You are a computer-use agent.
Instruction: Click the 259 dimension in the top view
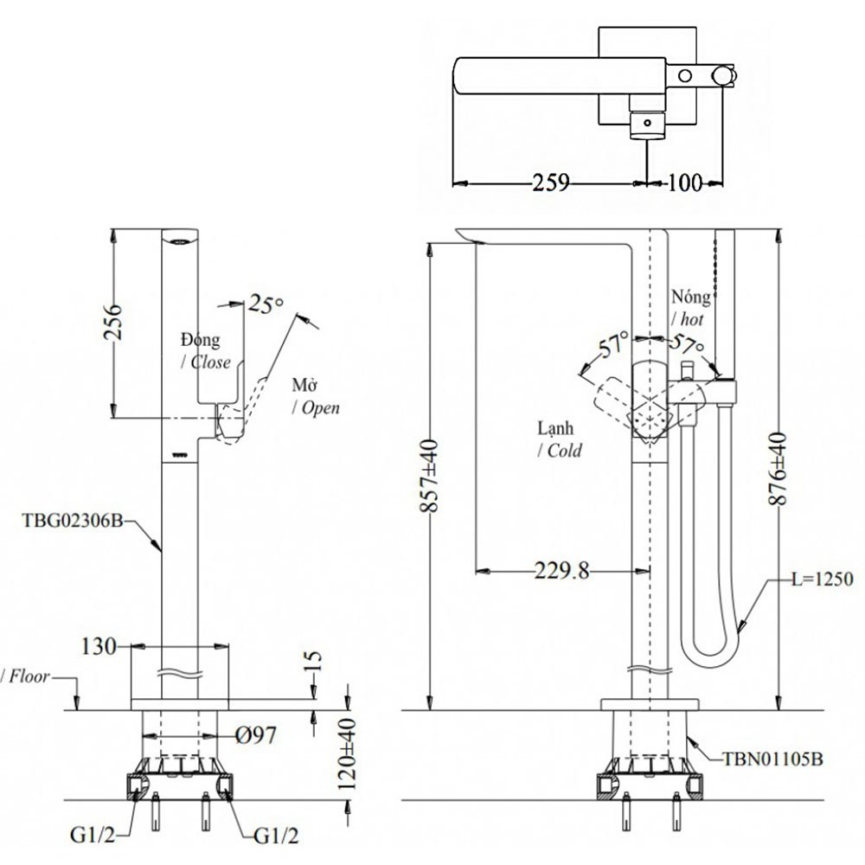551,183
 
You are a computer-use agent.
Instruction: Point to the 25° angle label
266,304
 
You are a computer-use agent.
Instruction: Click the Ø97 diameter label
255,736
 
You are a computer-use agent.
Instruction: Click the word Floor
29,676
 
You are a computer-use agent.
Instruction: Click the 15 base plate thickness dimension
313,662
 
